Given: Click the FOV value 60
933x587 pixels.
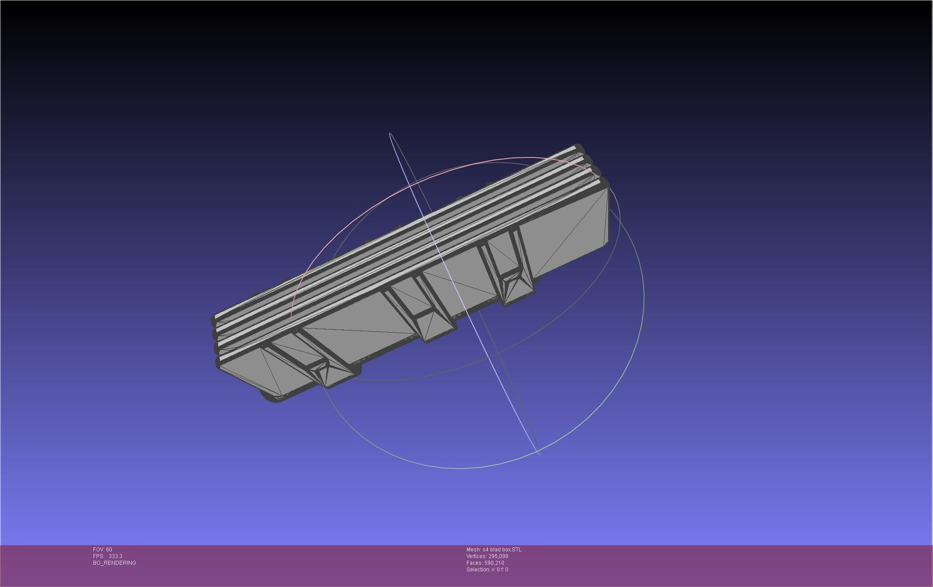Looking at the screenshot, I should [109, 550].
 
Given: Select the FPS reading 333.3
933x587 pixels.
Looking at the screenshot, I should [115, 556].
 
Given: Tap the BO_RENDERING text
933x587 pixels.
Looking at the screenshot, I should [114, 563].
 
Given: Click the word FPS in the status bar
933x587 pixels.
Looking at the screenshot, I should [98, 556].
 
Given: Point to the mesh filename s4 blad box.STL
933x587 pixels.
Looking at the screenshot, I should [502, 550].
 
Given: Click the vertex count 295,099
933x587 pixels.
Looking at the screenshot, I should [498, 556].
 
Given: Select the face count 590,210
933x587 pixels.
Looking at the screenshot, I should [494, 563].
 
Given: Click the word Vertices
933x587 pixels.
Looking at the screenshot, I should [476, 556].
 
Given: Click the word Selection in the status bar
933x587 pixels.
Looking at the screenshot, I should [478, 570].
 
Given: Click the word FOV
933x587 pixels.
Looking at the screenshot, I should [98, 550].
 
